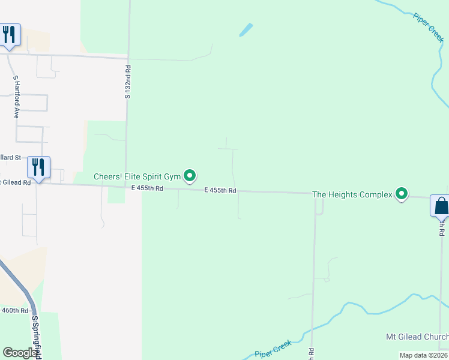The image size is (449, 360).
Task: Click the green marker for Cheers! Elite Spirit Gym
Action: click(190, 175)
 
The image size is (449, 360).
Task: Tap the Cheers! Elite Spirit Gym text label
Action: click(137, 176)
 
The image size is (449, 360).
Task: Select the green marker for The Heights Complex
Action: click(402, 193)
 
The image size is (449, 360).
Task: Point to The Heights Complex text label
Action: click(352, 194)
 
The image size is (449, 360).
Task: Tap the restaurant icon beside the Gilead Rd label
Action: click(38, 167)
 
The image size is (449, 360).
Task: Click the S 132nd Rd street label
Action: click(128, 83)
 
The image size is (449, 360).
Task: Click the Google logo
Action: click(19, 352)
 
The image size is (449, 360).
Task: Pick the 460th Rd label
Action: click(14, 310)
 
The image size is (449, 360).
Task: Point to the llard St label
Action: click(10, 157)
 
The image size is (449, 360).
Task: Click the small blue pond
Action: click(246, 29)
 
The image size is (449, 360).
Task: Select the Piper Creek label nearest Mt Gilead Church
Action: click(273, 349)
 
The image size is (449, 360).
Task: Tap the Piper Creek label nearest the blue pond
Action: click(428, 26)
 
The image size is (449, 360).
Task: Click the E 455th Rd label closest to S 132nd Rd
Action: click(147, 188)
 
